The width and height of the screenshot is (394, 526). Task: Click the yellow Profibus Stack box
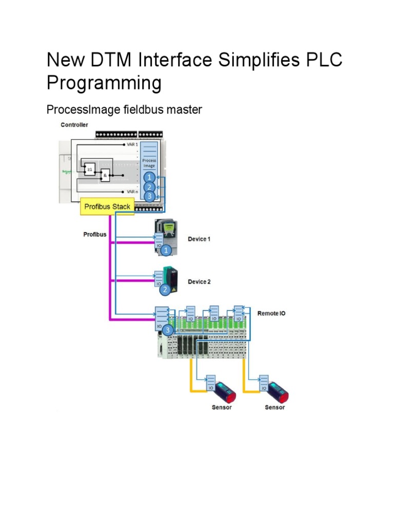[x=107, y=206]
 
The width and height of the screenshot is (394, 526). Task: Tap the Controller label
[x=74, y=125]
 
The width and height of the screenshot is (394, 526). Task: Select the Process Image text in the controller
[x=149, y=163]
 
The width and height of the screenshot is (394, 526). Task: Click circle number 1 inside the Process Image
[x=149, y=177]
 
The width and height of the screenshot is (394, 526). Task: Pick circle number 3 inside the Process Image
[x=149, y=196]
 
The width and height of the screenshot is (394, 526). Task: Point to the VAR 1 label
[x=132, y=145]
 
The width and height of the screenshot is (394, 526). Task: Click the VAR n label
[x=132, y=192]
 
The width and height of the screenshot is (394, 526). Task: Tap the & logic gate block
[x=105, y=175]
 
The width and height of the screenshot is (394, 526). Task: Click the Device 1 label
[x=199, y=239]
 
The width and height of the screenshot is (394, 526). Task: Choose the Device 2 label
[x=199, y=282]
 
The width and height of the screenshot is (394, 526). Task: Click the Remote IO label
[x=271, y=312]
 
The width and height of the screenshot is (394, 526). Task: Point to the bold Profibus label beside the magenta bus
[x=95, y=235]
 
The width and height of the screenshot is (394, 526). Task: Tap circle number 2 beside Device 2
[x=165, y=290]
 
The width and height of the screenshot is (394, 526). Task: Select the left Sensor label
[x=221, y=407]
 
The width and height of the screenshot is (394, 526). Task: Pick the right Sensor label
[x=274, y=407]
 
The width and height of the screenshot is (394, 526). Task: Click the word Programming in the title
[x=104, y=83]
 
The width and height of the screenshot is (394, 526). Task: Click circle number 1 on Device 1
[x=166, y=251]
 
